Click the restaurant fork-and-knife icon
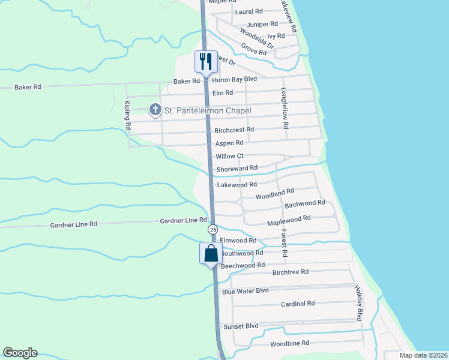click(205, 60)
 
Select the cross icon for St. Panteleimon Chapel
click(155, 109)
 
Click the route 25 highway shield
click(212, 230)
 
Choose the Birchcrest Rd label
click(234, 130)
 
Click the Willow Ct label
click(229, 156)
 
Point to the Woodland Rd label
click(275, 194)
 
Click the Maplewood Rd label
click(288, 221)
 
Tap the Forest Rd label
click(284, 242)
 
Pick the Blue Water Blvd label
click(245, 291)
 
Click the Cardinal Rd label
click(298, 304)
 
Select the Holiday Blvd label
click(359, 303)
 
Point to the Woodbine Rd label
click(289, 343)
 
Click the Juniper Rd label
click(262, 24)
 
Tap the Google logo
click(20, 353)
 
